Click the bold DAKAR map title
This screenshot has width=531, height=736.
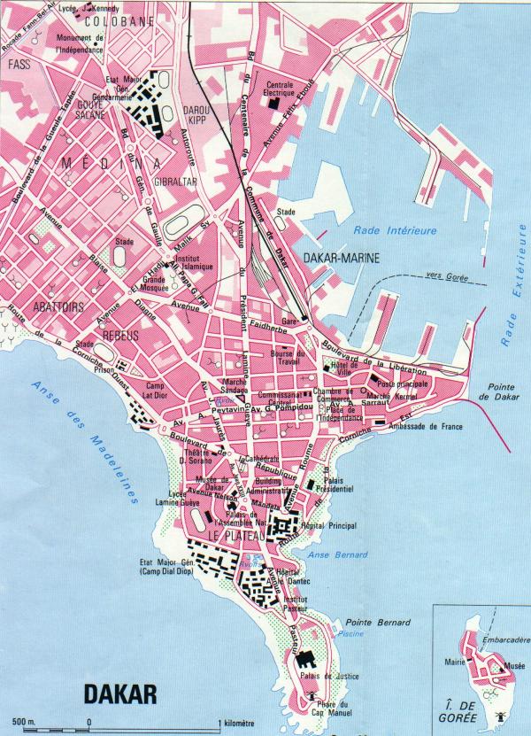121,693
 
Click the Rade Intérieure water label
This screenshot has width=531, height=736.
395,230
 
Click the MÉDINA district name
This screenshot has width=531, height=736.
112,164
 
